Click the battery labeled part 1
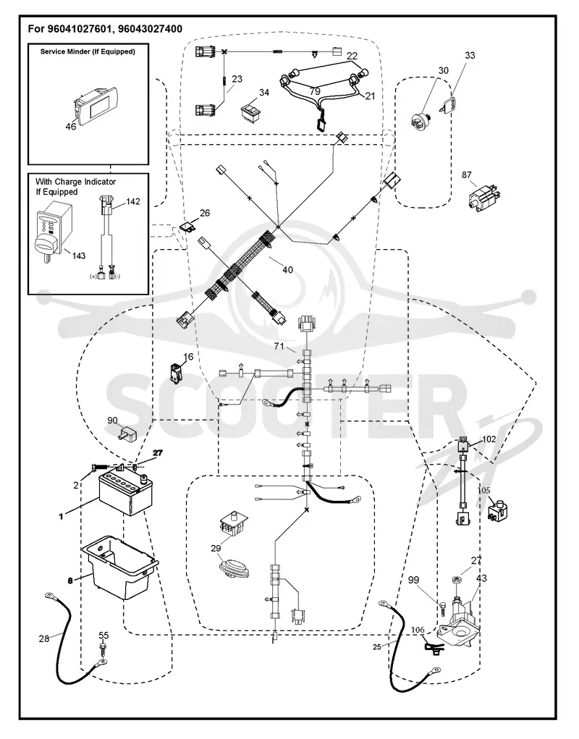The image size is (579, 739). [126, 494]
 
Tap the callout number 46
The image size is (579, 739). [71, 127]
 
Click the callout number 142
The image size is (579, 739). [133, 201]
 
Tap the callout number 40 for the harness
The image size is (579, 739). [287, 269]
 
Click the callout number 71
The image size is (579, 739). [279, 347]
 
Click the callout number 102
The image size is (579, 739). [489, 439]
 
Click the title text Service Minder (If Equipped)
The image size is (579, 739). [88, 51]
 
